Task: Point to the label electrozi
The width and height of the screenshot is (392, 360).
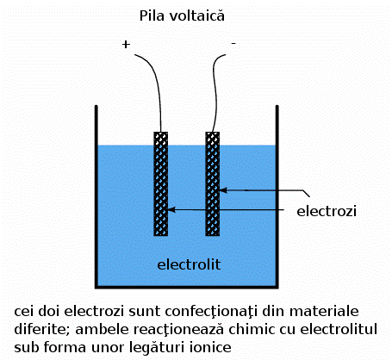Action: click(326, 210)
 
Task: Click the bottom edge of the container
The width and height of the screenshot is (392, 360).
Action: click(185, 287)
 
